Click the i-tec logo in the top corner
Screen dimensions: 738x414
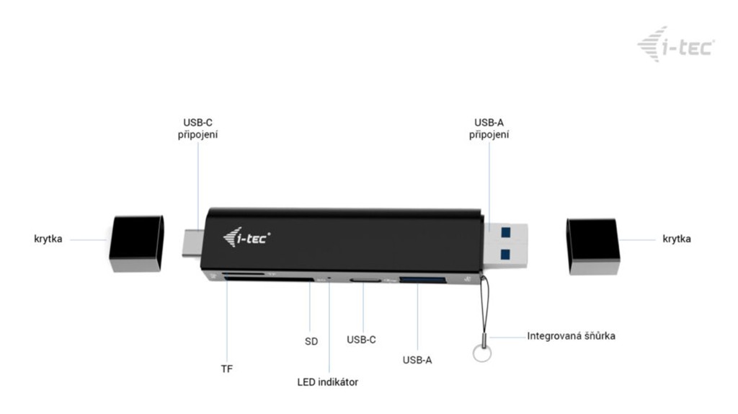tap(676, 45)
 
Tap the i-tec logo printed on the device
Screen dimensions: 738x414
tap(246, 237)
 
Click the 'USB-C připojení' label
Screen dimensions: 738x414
tap(197, 128)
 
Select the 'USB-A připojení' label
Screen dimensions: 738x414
tap(489, 128)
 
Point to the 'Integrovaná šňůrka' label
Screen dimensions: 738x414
tap(571, 336)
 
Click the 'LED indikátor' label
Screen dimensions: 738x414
tap(328, 382)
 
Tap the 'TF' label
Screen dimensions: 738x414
tap(227, 369)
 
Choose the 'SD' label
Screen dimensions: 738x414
tap(311, 341)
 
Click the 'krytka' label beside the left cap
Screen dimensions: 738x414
tap(48, 239)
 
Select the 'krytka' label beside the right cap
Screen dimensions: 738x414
tap(676, 239)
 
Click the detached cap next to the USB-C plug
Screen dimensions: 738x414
tap(136, 244)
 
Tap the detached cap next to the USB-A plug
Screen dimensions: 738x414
tap(593, 246)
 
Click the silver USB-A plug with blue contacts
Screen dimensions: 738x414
tap(505, 245)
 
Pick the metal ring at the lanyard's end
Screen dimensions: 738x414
tap(482, 353)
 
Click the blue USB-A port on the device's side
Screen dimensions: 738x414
tap(422, 281)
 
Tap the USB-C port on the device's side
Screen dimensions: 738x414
tap(365, 281)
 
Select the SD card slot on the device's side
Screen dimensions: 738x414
tap(269, 280)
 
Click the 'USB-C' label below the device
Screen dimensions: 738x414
tap(361, 340)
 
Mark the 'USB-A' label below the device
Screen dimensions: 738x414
tap(417, 361)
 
